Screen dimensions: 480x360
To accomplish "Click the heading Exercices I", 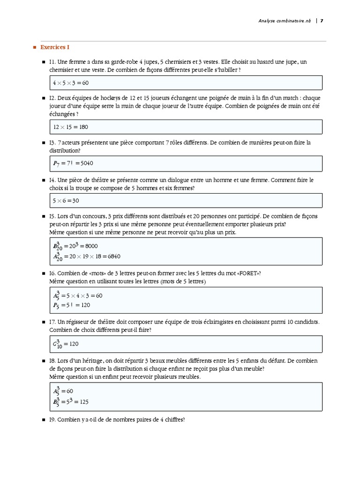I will point(55,47).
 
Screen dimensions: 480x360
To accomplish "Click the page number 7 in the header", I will point(322,21).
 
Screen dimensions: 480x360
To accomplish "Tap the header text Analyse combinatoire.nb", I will point(285,21).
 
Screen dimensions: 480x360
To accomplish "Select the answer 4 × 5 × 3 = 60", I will point(71,83).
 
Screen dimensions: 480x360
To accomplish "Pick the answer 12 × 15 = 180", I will point(71,127).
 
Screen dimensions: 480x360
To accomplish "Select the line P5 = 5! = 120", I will point(71,305).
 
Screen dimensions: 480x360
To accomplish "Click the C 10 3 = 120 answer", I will point(66,344).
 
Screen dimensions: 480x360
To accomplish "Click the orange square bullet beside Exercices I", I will point(34,48).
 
